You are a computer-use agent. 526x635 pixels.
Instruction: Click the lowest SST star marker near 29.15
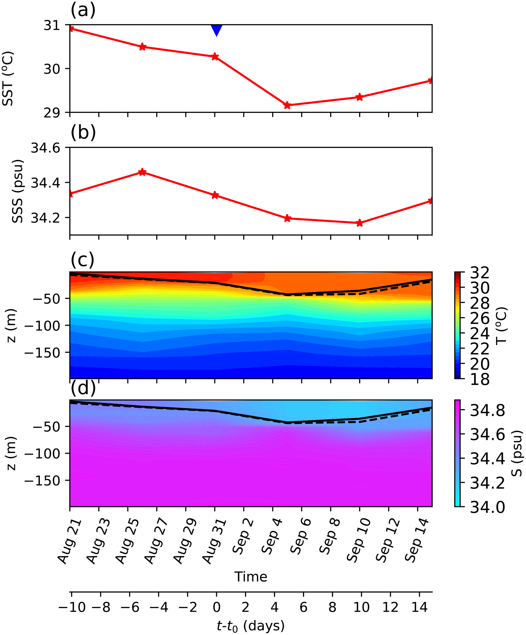coord(287,105)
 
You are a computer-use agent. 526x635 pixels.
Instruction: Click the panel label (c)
coord(83,259)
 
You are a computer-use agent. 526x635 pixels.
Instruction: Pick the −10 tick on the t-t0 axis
coord(72,607)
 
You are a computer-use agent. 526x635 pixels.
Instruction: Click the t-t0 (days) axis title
coord(251,626)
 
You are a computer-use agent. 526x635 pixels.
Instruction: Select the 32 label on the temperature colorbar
coord(480,273)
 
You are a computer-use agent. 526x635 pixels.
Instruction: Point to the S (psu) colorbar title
coord(518,453)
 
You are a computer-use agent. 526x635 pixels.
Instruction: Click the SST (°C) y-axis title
coord(8,79)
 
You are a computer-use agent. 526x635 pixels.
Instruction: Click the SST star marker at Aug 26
coord(142,47)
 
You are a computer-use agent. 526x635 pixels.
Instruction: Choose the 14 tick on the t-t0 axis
coord(419,607)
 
